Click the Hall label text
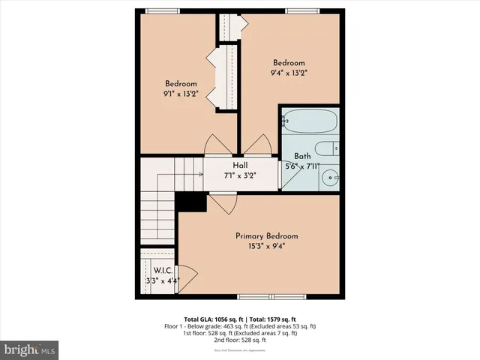click(240, 166)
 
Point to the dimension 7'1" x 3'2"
click(240, 175)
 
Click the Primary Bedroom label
click(261, 235)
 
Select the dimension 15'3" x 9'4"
click(261, 245)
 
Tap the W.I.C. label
click(163, 271)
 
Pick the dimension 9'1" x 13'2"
click(181, 94)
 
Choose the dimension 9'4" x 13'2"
click(289, 73)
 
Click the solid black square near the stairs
click(190, 202)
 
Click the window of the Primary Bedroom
click(261, 298)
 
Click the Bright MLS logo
click(30, 349)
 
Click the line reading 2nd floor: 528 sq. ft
click(240, 340)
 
